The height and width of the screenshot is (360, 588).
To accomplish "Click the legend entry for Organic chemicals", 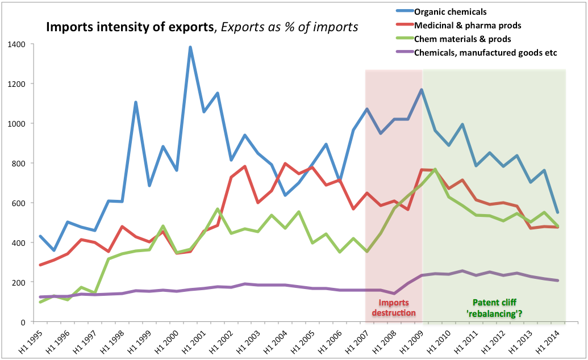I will pos(449,12).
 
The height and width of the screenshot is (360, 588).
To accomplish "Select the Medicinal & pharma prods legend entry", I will pos(468,26).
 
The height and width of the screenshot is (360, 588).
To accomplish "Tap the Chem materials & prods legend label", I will pos(462,39).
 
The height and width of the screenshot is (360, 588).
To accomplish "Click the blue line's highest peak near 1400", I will pos(190,47).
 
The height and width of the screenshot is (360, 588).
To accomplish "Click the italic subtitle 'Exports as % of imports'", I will pos(290,27).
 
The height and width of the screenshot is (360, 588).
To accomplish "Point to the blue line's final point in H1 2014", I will pos(558,212).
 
